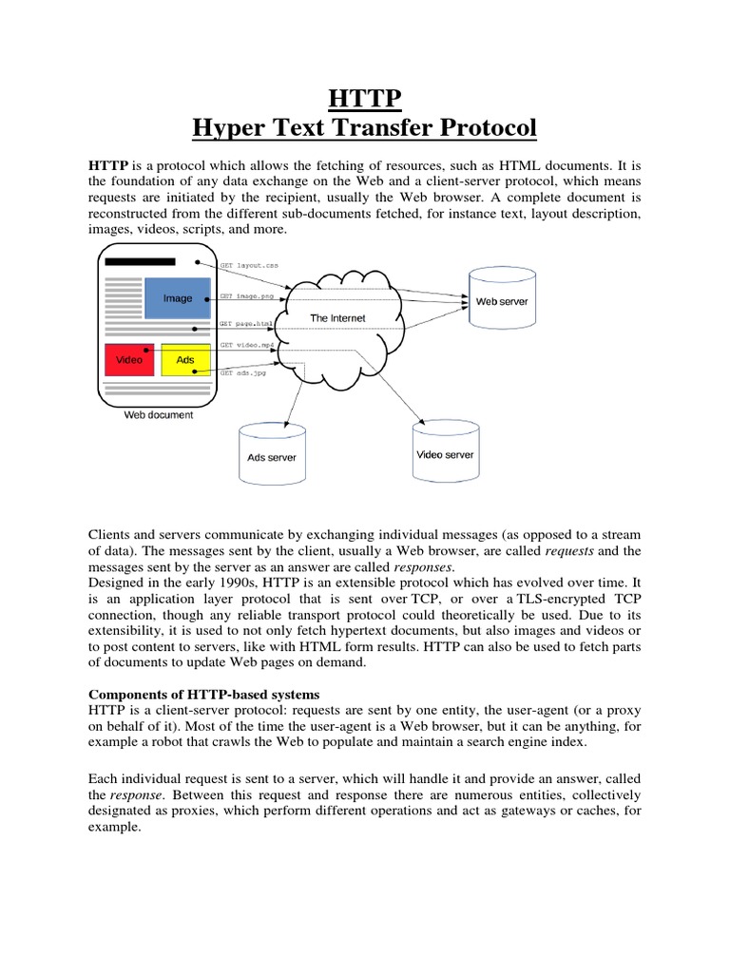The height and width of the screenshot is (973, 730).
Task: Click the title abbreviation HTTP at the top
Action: click(x=364, y=98)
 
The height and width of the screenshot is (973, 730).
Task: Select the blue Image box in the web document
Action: click(x=178, y=298)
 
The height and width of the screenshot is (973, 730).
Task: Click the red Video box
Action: click(x=129, y=360)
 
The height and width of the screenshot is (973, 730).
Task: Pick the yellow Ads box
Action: click(x=185, y=360)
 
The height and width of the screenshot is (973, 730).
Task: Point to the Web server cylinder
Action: click(x=501, y=301)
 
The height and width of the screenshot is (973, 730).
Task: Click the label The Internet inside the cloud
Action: click(x=337, y=317)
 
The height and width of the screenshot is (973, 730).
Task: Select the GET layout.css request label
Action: click(x=249, y=267)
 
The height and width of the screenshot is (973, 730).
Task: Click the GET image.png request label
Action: click(x=246, y=296)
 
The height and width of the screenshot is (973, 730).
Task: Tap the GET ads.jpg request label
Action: click(x=243, y=373)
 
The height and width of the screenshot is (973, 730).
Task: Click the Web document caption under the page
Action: click(x=159, y=415)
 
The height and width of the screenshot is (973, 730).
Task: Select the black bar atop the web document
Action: click(x=141, y=262)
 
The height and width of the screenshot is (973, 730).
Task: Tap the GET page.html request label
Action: click(x=247, y=323)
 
